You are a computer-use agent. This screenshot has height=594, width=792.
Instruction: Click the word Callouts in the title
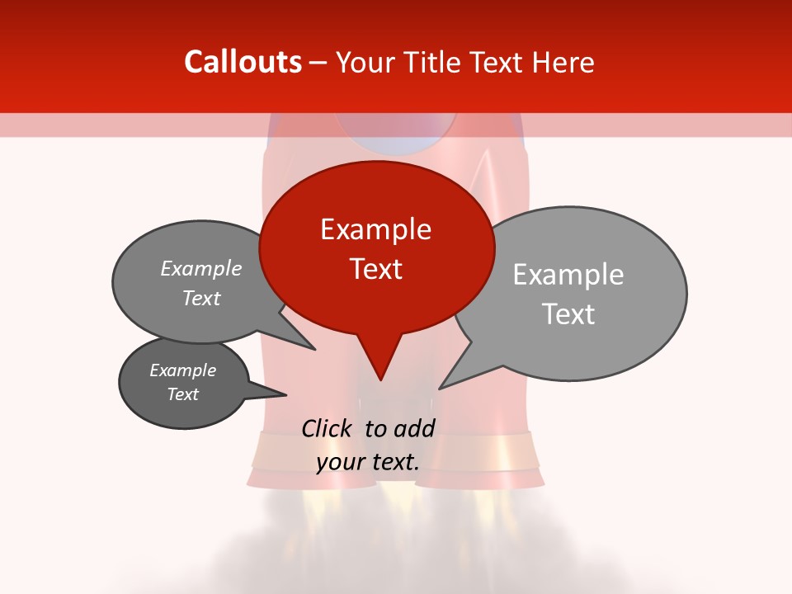tap(243, 62)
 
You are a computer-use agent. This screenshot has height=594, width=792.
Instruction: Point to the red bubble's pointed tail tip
tap(380, 379)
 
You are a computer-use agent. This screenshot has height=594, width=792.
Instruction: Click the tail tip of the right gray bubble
tap(440, 388)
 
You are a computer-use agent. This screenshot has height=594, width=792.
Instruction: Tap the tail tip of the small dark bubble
tap(285, 394)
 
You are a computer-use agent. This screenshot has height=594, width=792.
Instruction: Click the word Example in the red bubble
tap(375, 229)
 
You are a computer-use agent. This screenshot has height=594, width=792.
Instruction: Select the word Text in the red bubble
tap(375, 269)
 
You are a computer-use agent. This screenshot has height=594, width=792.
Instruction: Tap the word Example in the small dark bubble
tap(182, 370)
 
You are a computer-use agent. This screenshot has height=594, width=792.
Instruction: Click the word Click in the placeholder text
tap(328, 428)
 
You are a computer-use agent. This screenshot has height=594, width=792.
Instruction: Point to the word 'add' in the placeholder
tap(414, 428)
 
